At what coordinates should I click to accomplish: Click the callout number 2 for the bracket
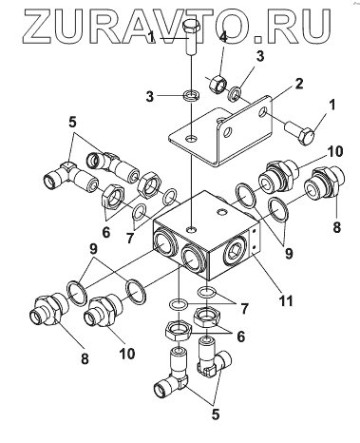pyautogui.click(x=298, y=84)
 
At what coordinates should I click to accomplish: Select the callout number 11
pyautogui.click(x=285, y=300)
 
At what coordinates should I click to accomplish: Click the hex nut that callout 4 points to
pyautogui.click(x=218, y=85)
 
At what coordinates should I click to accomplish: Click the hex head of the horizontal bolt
pyautogui.click(x=307, y=136)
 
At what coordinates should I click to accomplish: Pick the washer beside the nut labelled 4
pyautogui.click(x=235, y=93)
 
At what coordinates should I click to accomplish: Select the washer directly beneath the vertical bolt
pyautogui.click(x=192, y=95)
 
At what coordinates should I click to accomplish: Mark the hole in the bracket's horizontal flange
pyautogui.click(x=191, y=139)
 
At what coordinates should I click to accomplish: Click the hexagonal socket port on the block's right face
pyautogui.click(x=234, y=250)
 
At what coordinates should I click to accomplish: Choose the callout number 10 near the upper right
pyautogui.click(x=334, y=151)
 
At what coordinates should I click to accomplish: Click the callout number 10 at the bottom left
pyautogui.click(x=127, y=353)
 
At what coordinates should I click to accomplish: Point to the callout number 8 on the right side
pyautogui.click(x=336, y=227)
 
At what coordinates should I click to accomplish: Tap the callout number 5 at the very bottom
pyautogui.click(x=216, y=414)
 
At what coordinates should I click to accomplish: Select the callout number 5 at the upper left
pyautogui.click(x=73, y=123)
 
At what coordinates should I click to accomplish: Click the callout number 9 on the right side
pyautogui.click(x=289, y=254)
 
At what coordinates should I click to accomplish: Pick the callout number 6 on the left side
pyautogui.click(x=106, y=232)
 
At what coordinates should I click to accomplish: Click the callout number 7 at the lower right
pyautogui.click(x=244, y=308)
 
